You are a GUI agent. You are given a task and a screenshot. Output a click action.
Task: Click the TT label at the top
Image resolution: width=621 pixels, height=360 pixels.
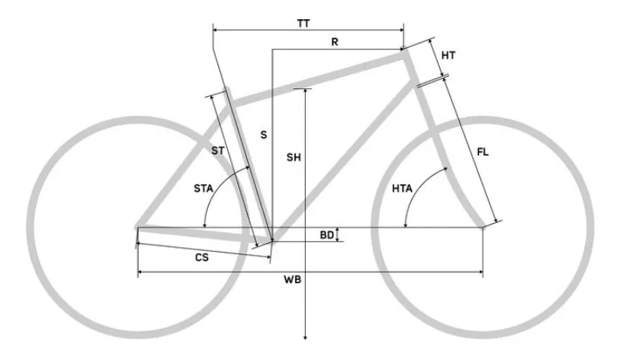[303, 23]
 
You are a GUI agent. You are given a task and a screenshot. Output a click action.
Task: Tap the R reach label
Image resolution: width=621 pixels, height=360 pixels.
[335, 42]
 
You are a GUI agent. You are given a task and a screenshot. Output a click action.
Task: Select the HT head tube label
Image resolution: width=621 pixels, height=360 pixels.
[448, 55]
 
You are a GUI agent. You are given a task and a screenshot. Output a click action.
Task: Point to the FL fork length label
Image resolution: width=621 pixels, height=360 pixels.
[482, 152]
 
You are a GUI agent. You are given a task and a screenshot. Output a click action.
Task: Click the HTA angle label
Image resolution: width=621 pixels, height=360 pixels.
[402, 188]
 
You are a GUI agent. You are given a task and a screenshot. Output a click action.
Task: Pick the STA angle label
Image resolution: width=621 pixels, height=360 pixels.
[203, 188]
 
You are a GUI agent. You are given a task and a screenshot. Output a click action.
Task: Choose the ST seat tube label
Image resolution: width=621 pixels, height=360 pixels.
[217, 151]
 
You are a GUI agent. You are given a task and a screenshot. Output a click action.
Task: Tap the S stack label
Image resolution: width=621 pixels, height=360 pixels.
[263, 135]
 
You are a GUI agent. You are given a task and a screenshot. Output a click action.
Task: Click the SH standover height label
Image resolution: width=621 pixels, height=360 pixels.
[294, 157]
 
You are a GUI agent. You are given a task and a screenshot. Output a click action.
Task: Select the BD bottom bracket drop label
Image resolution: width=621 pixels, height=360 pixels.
[327, 236]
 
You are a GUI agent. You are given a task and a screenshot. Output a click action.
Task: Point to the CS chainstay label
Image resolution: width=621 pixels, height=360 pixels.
[201, 257]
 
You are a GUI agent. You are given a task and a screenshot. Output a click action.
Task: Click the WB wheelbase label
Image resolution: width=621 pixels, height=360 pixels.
[292, 280]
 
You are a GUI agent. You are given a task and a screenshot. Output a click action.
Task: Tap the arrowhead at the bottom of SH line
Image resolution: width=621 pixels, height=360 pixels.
[306, 337]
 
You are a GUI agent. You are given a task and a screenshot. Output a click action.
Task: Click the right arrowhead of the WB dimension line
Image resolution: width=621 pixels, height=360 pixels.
[481, 272]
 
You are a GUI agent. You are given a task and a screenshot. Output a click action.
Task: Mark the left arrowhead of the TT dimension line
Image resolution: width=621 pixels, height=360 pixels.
[216, 30]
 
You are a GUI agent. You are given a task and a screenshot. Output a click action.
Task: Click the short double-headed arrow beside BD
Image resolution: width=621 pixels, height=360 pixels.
[337, 235]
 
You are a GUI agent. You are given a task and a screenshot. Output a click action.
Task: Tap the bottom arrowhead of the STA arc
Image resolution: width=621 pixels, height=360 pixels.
[205, 225]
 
